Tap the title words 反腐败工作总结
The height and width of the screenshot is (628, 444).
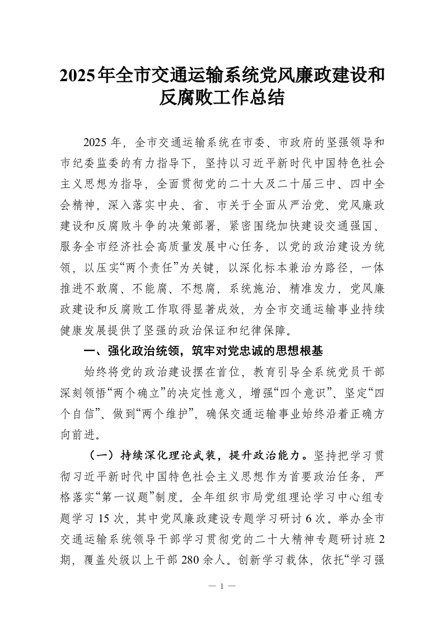click(222, 99)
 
